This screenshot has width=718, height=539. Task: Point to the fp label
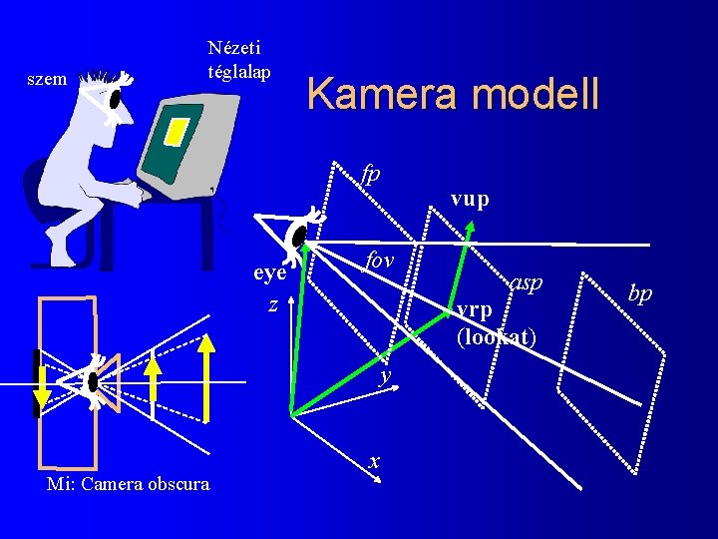coord(371,174)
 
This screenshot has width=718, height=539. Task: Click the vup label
coord(470,200)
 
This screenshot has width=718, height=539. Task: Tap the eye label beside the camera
coord(270,272)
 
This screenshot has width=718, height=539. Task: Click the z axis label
coord(272,304)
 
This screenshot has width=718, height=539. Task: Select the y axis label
coord(383,375)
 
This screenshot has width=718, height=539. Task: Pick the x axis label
coord(374,462)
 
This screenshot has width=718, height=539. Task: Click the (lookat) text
coord(496,337)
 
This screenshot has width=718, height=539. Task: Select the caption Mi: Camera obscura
coord(128,484)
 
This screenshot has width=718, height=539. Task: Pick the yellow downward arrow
coord(39,385)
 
